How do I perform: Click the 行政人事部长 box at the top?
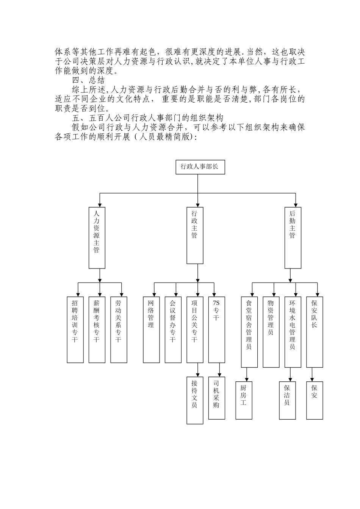click(x=200, y=167)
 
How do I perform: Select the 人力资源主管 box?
click(x=97, y=238)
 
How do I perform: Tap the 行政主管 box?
click(x=194, y=235)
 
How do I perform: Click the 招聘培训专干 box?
click(x=75, y=329)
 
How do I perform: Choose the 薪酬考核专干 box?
click(x=97, y=329)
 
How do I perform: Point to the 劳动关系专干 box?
click(x=119, y=329)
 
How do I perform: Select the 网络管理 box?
click(x=151, y=329)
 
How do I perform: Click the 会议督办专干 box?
click(x=173, y=329)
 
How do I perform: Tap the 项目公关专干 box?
click(x=195, y=329)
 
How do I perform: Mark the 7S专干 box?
click(x=216, y=329)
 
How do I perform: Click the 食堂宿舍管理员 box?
click(x=249, y=332)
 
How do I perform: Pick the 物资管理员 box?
click(x=271, y=332)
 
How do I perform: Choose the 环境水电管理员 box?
click(x=293, y=332)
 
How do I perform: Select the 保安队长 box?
click(x=315, y=332)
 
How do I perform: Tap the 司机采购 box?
click(x=216, y=398)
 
